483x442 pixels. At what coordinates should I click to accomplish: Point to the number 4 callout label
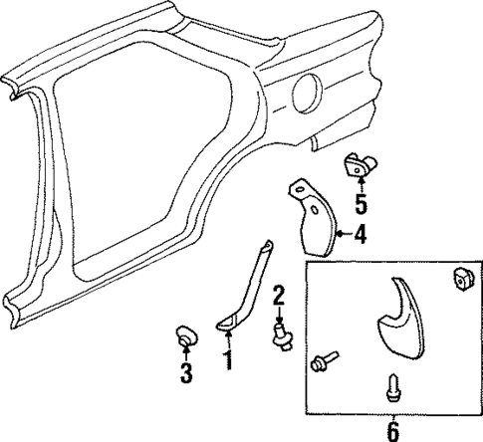coord(361,236)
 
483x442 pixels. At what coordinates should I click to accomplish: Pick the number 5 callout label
coord(361,207)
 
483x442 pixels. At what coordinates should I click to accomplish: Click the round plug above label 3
coord(184,335)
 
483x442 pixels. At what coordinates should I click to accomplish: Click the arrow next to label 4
coord(341,236)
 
